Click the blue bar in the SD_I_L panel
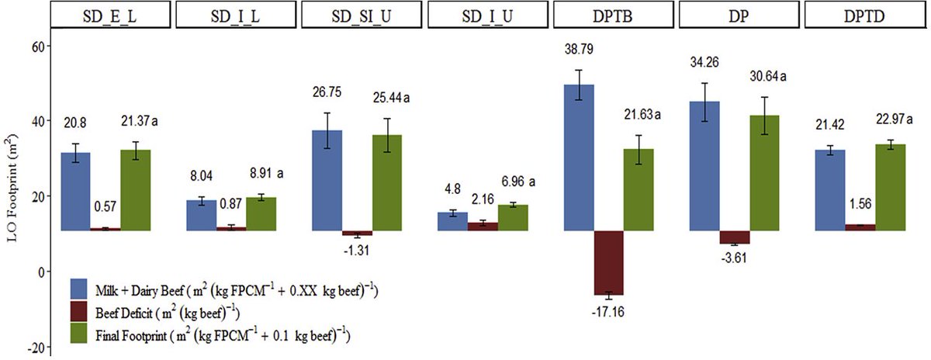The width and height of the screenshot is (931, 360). [x=201, y=215]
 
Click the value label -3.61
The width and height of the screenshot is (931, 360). [x=735, y=258]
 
